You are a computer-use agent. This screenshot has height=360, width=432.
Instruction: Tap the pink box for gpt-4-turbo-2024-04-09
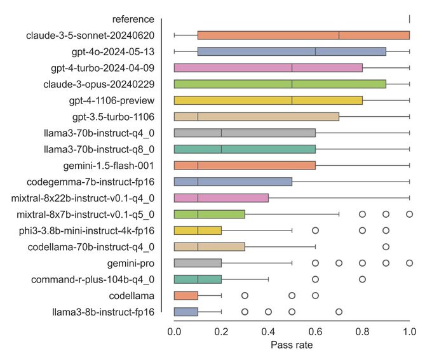pos(268,67)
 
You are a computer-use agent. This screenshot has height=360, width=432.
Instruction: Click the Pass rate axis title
pos(292,345)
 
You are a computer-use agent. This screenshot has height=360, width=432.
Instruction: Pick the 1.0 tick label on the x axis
pos(409,331)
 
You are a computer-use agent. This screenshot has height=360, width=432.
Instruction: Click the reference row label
pos(133,19)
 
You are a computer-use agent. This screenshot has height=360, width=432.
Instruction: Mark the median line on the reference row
pos(409,19)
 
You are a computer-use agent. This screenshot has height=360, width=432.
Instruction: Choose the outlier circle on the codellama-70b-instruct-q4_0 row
pos(386,246)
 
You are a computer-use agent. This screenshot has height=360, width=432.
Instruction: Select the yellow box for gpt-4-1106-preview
pos(268,100)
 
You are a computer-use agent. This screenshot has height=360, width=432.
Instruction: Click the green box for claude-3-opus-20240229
pos(280,84)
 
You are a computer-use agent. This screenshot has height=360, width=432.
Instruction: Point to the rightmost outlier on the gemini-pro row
pos(409,262)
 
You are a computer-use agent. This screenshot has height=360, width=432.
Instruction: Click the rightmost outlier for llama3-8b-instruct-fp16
pos(339,311)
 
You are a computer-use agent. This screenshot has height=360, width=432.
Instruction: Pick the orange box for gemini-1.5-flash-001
pos(245,165)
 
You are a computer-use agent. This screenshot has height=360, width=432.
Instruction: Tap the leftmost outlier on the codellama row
pos(245,295)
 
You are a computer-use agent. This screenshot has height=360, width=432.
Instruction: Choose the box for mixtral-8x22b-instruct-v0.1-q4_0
pos(221,197)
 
